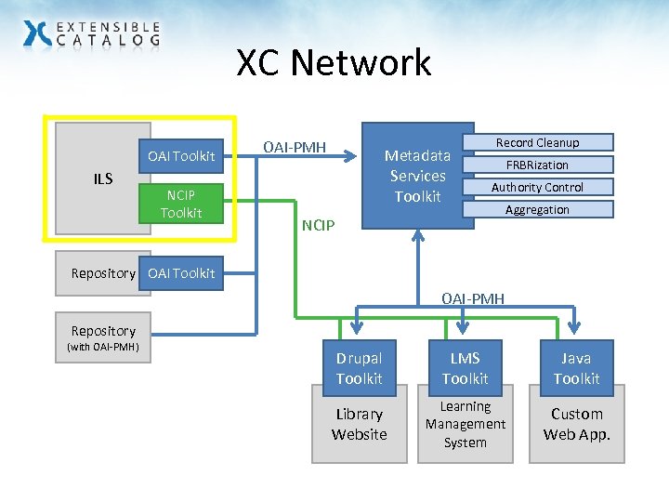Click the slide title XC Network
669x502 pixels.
[334, 63]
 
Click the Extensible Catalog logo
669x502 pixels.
[91, 34]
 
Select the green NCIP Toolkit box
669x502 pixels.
[180, 204]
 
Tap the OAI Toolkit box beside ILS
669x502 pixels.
[181, 155]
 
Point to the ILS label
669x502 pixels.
[102, 178]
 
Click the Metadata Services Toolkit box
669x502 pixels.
[417, 176]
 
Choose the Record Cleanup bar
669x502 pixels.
[537, 142]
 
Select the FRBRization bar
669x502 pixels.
[537, 165]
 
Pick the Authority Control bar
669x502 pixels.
[537, 187]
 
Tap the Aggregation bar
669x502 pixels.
[537, 209]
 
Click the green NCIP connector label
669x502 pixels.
[318, 225]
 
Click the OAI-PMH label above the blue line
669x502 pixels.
[295, 147]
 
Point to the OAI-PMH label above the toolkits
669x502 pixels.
[473, 298]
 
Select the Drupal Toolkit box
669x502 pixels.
[359, 368]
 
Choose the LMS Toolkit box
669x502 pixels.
[465, 368]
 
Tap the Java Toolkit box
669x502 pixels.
[576, 368]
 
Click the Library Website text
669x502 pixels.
[359, 424]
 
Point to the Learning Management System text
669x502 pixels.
[465, 424]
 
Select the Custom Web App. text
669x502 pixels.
[576, 424]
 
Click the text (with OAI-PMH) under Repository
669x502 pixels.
[102, 348]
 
